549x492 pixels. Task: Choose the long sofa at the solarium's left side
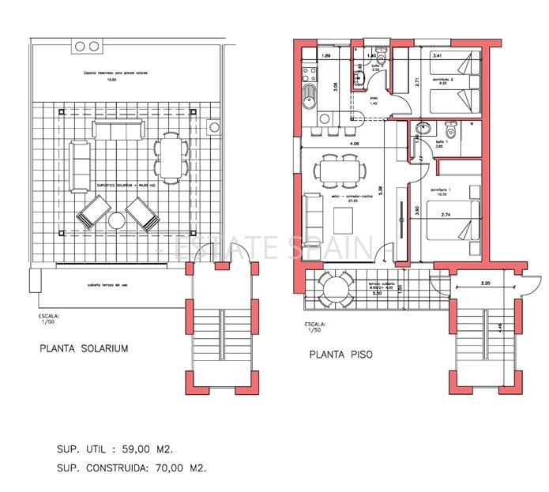tap(80, 165)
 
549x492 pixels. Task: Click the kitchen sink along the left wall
tap(309, 100)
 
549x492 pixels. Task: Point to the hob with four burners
tap(308, 76)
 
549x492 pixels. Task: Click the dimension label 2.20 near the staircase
tap(484, 283)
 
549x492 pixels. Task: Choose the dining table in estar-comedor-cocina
tap(342, 171)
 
